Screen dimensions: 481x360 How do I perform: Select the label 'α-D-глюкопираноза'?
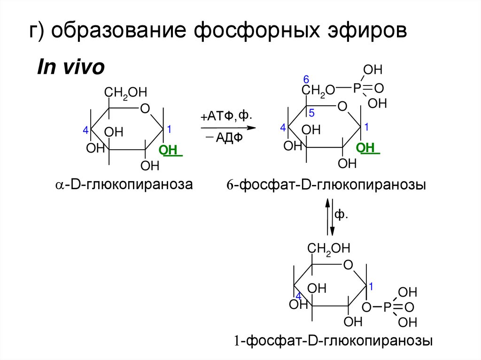124,185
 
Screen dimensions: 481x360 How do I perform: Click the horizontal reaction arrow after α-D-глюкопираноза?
227,128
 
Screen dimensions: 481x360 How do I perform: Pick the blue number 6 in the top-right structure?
306,78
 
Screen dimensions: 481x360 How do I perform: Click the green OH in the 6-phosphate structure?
365,148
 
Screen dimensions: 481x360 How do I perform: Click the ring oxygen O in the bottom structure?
348,266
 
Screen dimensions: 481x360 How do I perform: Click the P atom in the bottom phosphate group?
387,307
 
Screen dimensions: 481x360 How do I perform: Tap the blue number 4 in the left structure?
85,131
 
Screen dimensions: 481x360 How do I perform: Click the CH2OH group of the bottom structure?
329,248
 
